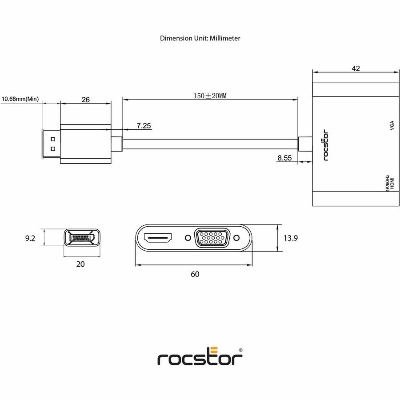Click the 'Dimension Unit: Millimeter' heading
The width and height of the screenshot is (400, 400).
[200, 38]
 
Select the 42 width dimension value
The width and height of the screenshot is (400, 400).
[356, 68]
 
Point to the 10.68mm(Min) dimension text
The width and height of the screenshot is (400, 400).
[20, 99]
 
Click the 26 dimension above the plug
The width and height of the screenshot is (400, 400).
[86, 100]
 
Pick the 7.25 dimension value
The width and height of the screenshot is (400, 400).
[144, 126]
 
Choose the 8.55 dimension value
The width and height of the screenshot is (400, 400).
[284, 157]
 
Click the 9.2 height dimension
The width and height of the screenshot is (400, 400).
[30, 239]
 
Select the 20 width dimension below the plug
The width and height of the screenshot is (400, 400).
[80, 264]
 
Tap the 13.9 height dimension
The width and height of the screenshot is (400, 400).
[290, 238]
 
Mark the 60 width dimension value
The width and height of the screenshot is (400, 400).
[195, 274]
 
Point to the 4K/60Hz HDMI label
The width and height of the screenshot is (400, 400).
[389, 183]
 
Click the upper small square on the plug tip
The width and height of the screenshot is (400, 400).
[53, 139]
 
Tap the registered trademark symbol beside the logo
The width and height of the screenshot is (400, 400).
[241, 350]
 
